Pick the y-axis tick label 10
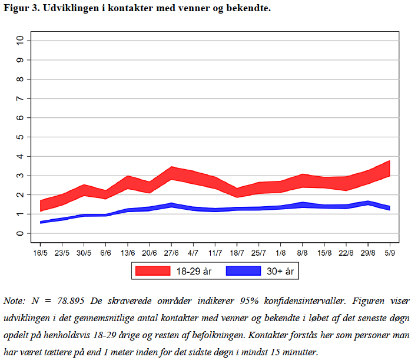pos(21,40)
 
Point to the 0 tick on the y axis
pos(21,233)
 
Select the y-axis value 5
pos(21,137)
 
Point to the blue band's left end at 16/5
pos(41,222)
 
